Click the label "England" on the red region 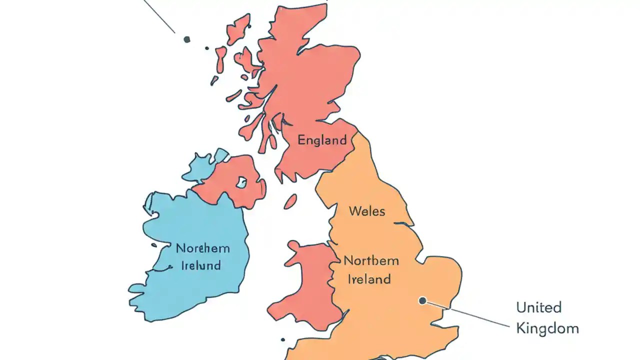(x=322, y=140)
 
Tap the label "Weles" (x=367, y=211)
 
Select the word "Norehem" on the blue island (x=202, y=248)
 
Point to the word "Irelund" (x=200, y=265)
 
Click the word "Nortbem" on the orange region (x=371, y=260)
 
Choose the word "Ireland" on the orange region (x=369, y=279)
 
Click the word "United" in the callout (x=539, y=307)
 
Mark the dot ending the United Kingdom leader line (x=422, y=300)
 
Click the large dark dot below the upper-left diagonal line (x=187, y=39)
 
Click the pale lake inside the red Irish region (x=242, y=182)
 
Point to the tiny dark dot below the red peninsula (x=282, y=339)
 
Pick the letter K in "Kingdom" (x=520, y=328)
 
